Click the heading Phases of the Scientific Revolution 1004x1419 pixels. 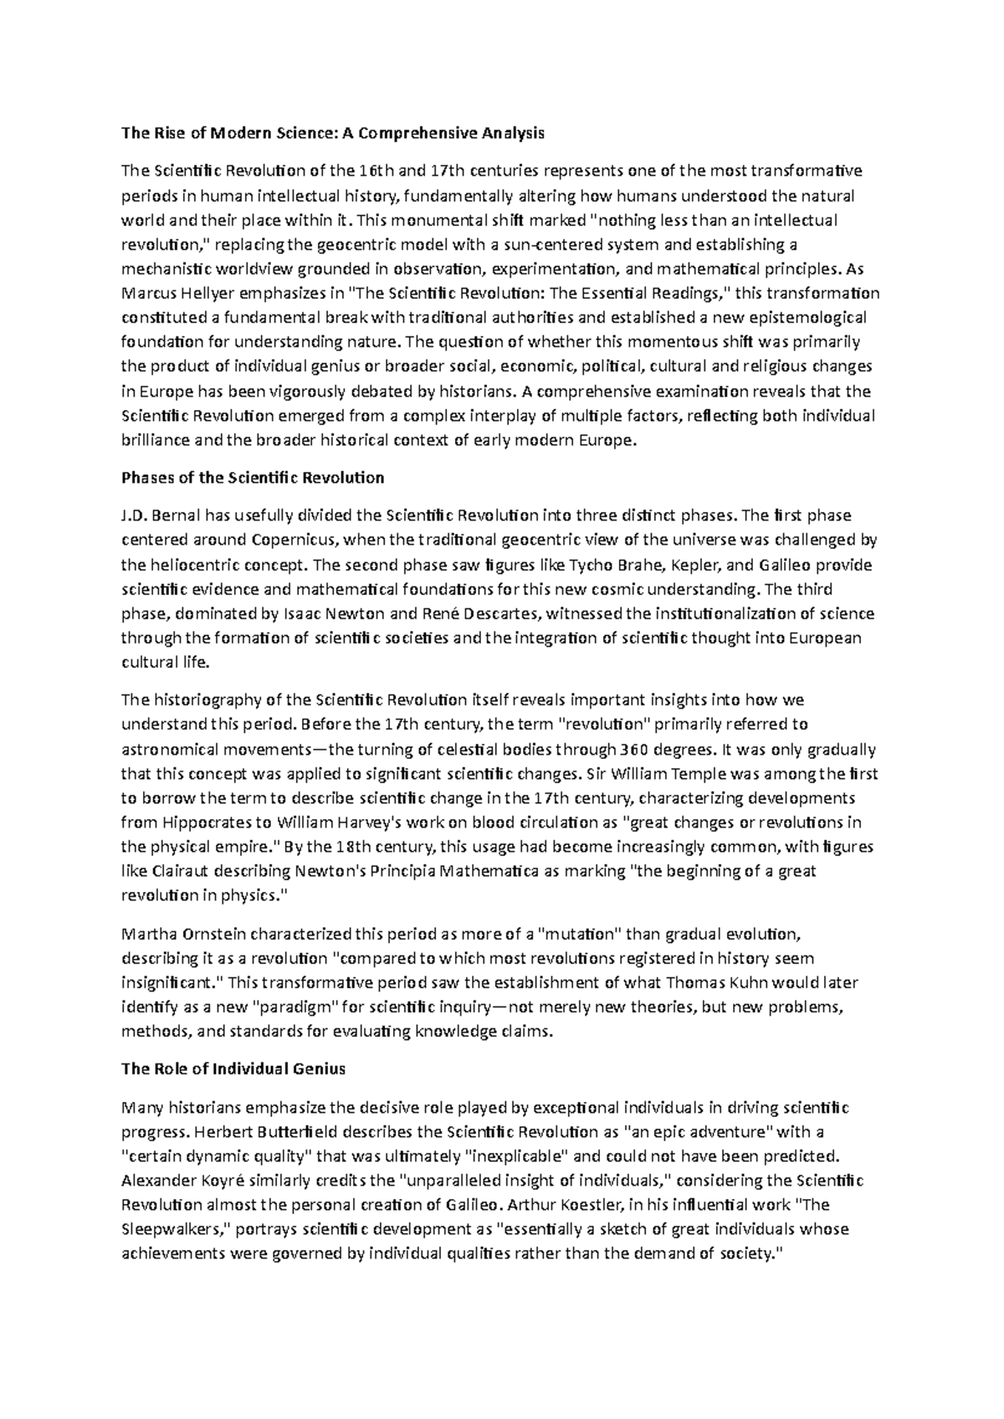pyautogui.click(x=253, y=478)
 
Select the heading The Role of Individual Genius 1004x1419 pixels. pyautogui.click(x=233, y=1068)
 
